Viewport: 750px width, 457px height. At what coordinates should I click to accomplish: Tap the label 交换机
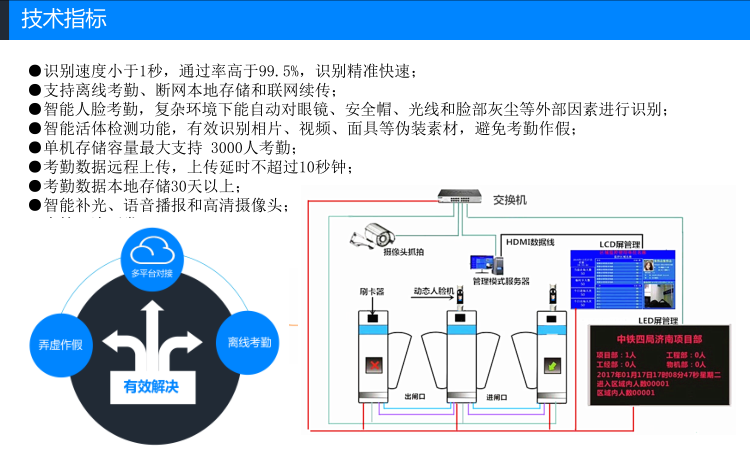pyautogui.click(x=510, y=200)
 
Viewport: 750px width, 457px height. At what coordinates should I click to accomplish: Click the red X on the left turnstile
pyautogui.click(x=372, y=364)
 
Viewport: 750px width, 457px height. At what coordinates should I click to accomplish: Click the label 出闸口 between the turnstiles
pyautogui.click(x=414, y=397)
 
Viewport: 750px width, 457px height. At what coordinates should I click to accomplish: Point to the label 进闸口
pyautogui.click(x=498, y=397)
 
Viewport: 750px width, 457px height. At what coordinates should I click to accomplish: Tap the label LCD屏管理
pyautogui.click(x=619, y=243)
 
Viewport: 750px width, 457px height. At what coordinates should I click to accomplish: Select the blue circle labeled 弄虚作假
pyautogui.click(x=59, y=343)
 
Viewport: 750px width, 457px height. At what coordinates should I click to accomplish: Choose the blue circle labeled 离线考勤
pyautogui.click(x=247, y=342)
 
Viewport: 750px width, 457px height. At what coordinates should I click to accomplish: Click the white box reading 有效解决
pyautogui.click(x=151, y=386)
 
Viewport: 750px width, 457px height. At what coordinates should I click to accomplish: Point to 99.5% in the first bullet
pyautogui.click(x=278, y=71)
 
